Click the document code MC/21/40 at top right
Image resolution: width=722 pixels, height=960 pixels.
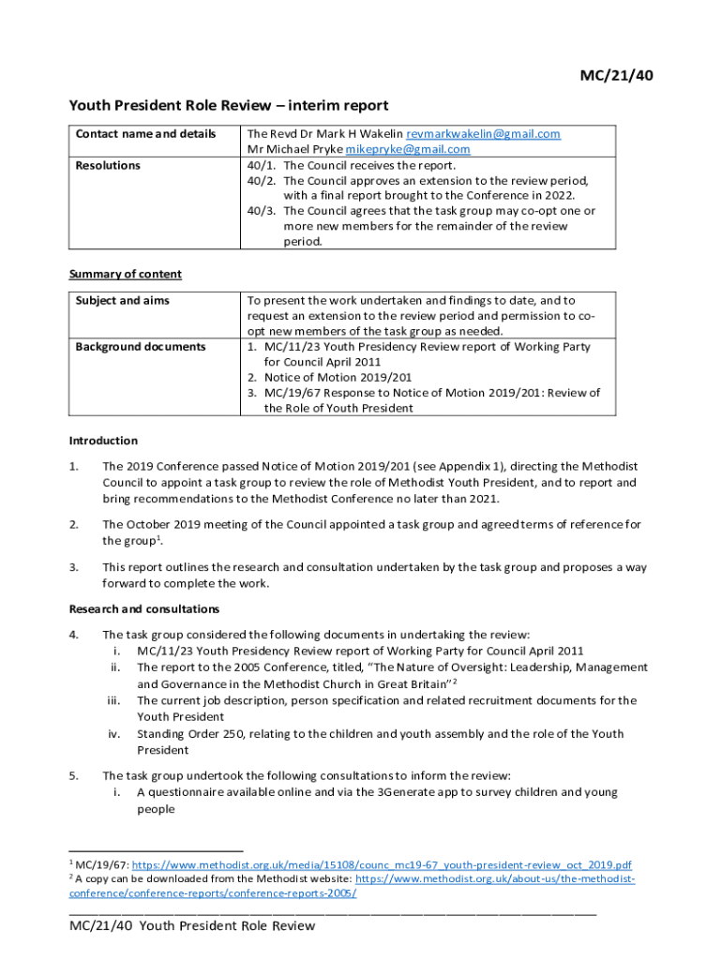tap(615, 76)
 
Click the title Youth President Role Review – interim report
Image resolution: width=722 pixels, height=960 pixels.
tap(229, 106)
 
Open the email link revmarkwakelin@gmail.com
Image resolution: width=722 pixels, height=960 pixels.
tap(483, 134)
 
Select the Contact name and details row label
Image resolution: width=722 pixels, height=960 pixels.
tap(145, 134)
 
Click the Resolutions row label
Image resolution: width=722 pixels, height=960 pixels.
tap(108, 165)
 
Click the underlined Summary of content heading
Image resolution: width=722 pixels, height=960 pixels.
tap(126, 275)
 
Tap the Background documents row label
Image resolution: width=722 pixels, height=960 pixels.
tap(140, 347)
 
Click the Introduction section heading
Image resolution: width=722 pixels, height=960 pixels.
tap(104, 441)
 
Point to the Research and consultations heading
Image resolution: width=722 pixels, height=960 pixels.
tap(144, 609)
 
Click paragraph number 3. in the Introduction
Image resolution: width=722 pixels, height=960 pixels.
tap(74, 567)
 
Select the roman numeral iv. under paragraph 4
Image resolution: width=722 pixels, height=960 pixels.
tap(113, 734)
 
